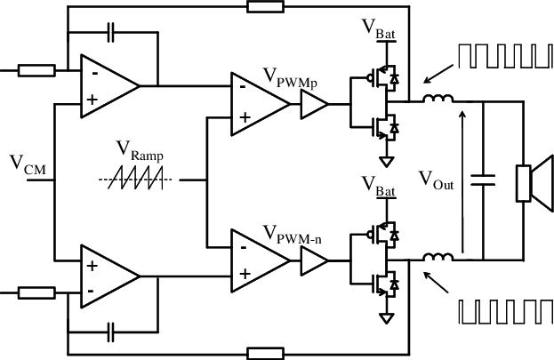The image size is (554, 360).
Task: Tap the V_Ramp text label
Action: click(x=147, y=156)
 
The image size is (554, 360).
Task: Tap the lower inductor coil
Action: click(x=438, y=259)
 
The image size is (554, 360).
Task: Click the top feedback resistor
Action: click(x=264, y=8)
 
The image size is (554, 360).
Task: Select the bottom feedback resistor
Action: click(x=264, y=352)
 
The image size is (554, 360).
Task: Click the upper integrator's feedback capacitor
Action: click(x=110, y=33)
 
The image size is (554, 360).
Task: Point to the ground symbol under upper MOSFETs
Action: click(x=386, y=163)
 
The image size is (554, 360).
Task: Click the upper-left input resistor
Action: click(x=35, y=68)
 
